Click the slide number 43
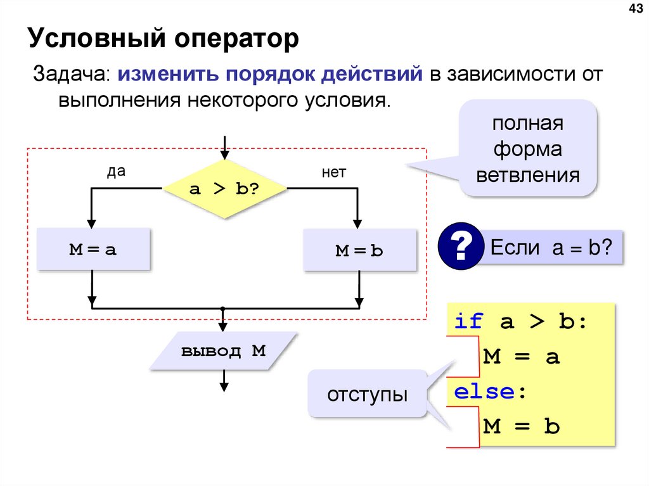click(634, 8)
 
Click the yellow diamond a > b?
click(224, 189)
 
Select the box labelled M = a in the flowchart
click(93, 250)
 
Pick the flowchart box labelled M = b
click(359, 250)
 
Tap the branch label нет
click(333, 172)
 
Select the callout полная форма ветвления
click(528, 150)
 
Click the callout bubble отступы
click(367, 395)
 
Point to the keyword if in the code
click(469, 321)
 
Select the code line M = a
click(522, 357)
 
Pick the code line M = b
click(522, 426)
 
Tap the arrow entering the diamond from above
click(224, 147)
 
